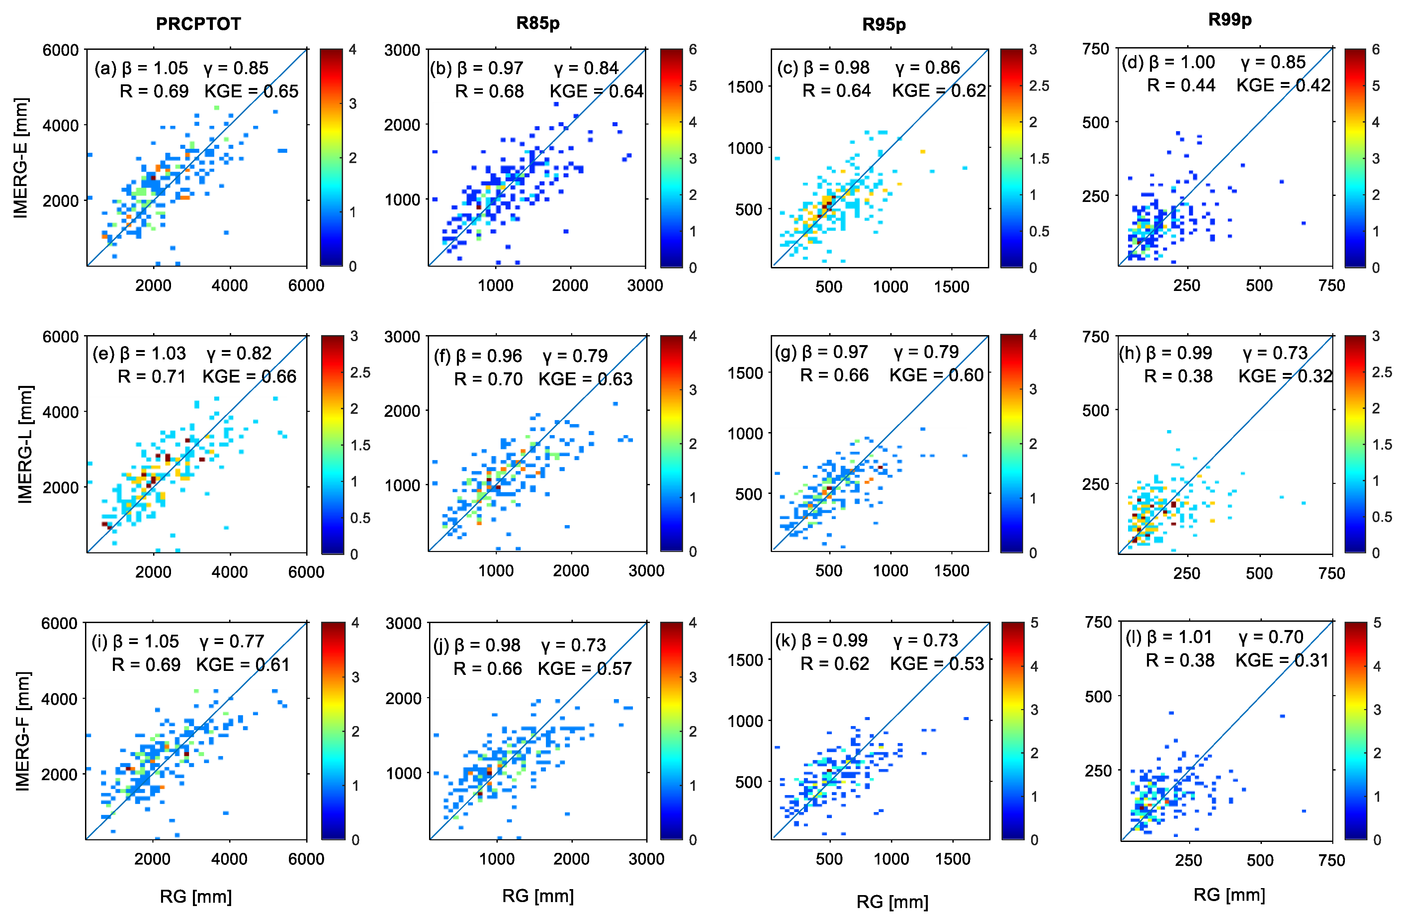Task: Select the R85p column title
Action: click(538, 23)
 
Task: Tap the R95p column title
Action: click(884, 24)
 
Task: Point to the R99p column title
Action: click(1230, 20)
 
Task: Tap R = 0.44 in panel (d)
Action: click(1181, 86)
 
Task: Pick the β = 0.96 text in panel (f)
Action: click(489, 356)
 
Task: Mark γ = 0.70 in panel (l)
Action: click(1271, 637)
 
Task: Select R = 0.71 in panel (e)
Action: click(152, 377)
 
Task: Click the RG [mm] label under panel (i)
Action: click(195, 896)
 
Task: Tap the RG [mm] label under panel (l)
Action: click(1229, 894)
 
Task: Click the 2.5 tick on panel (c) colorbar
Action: click(1039, 86)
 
